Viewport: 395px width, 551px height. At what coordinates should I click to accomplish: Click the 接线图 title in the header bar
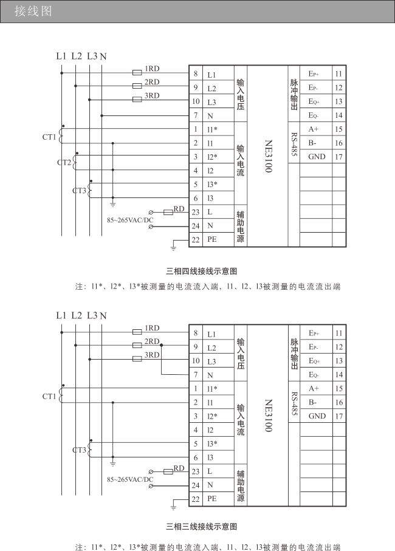pyautogui.click(x=33, y=12)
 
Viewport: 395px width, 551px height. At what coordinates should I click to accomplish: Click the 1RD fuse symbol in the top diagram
pyautogui.click(x=137, y=72)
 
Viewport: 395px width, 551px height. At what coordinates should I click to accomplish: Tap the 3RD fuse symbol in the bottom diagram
pyautogui.click(x=137, y=359)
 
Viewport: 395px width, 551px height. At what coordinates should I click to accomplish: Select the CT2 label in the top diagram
pyautogui.click(x=64, y=162)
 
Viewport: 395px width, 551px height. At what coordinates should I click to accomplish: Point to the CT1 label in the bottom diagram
pyautogui.click(x=49, y=396)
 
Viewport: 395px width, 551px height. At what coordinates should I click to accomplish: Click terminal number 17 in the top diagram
pyautogui.click(x=338, y=157)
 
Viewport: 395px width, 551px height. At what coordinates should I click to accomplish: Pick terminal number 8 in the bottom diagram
pyautogui.click(x=196, y=333)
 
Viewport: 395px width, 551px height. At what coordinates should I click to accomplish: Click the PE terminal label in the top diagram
pyautogui.click(x=212, y=239)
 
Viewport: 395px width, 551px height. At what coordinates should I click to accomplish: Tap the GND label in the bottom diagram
pyautogui.click(x=317, y=416)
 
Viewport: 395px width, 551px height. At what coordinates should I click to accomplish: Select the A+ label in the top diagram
pyautogui.click(x=314, y=129)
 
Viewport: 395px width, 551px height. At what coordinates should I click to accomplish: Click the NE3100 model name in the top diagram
pyautogui.click(x=269, y=156)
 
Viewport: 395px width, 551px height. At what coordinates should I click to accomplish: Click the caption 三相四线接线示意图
pyautogui.click(x=201, y=272)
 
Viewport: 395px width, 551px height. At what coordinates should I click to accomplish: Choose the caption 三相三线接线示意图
pyautogui.click(x=201, y=527)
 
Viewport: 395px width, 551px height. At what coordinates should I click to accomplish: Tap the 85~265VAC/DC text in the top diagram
pyautogui.click(x=130, y=221)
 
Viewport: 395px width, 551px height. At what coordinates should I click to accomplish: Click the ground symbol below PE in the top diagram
pyautogui.click(x=173, y=248)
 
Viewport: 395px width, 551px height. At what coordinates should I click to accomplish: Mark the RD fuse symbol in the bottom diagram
pyautogui.click(x=168, y=471)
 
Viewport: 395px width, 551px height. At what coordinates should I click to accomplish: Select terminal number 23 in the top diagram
pyautogui.click(x=196, y=212)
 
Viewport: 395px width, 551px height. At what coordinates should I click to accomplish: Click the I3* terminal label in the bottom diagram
pyautogui.click(x=212, y=444)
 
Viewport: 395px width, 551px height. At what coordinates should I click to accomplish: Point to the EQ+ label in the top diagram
pyautogui.click(x=314, y=101)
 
